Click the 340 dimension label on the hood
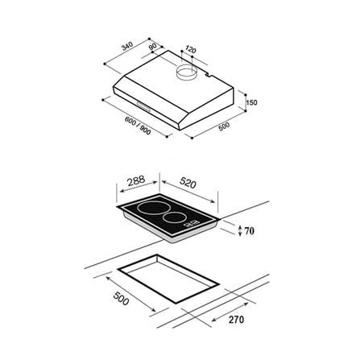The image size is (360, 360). click(127, 46)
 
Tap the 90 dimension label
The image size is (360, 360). click(152, 47)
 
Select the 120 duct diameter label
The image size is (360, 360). click(191, 50)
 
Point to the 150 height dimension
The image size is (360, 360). click(251, 102)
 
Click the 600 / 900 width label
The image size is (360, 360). click(138, 126)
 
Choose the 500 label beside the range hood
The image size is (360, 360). click(224, 126)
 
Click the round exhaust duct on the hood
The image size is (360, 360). click(187, 72)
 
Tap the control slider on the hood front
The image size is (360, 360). click(144, 106)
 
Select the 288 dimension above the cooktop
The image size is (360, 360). click(136, 180)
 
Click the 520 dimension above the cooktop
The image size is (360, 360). click(188, 183)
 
